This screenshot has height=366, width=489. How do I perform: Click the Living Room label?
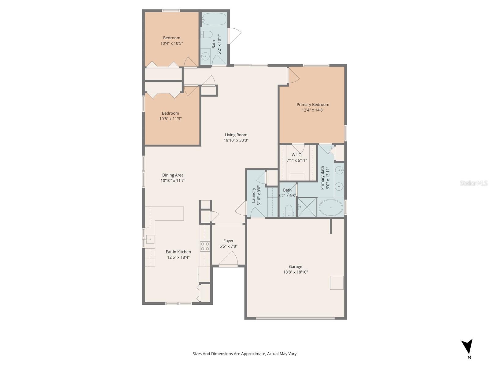pos(236,135)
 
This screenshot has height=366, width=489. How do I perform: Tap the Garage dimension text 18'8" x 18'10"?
pos(295,272)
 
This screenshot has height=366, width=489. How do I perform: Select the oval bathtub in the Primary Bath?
pos(331,208)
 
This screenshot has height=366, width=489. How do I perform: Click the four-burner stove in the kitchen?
pos(205,246)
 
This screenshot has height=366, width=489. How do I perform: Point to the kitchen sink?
pos(150,239)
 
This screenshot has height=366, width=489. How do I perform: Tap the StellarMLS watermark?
pos(474,183)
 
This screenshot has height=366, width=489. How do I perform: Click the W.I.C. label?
pos(296,155)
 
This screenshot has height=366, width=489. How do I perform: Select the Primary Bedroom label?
pos(313,105)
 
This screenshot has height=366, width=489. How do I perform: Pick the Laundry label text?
pos(253,195)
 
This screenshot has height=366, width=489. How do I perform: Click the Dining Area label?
pos(173,175)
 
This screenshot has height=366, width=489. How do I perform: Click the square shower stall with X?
pos(307,207)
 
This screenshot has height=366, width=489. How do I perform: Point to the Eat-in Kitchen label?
pos(178,252)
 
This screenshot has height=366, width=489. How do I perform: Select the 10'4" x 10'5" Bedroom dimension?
pos(171,43)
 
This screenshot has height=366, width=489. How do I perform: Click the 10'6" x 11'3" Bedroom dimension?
pos(170,119)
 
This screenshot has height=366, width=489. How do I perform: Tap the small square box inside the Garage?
pos(336,283)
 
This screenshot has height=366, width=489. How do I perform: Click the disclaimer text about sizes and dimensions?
pos(244,354)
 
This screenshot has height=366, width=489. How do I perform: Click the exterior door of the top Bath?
pos(235,36)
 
